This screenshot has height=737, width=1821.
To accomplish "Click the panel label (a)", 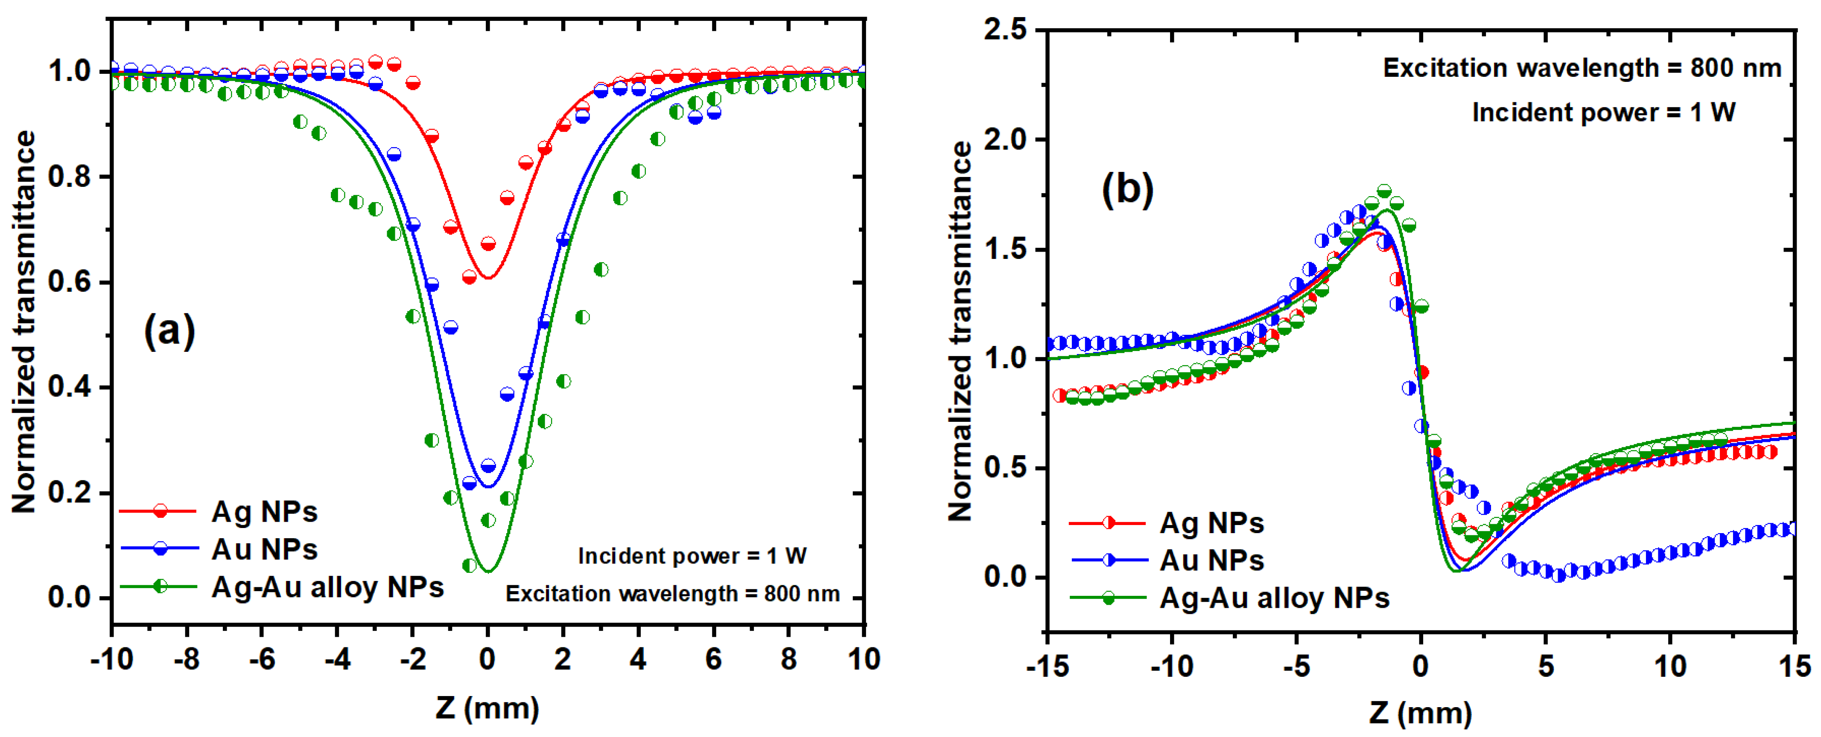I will pyautogui.click(x=169, y=330).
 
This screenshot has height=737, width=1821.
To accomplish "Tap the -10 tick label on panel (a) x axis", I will pyautogui.click(x=112, y=659).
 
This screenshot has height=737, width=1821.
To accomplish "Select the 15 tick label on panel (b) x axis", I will pyautogui.click(x=1794, y=666).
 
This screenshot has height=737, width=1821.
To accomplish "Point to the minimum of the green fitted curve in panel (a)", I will pyautogui.click(x=488, y=571).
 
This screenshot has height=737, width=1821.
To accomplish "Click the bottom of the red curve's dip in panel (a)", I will pyautogui.click(x=488, y=277).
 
